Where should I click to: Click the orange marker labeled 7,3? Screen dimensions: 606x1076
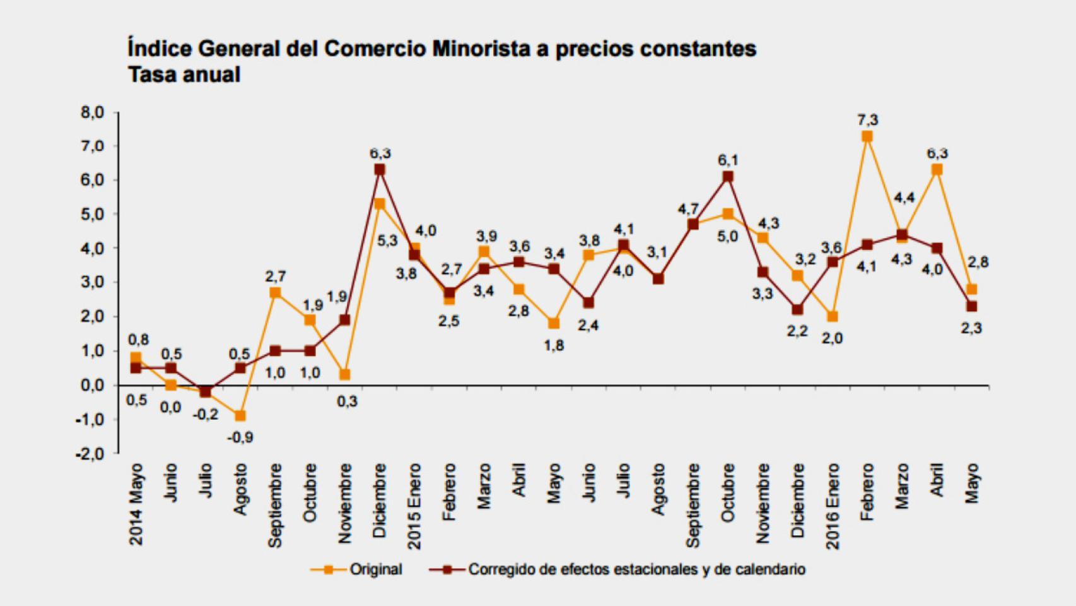click(867, 136)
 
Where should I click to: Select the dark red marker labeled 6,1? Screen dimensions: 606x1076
click(728, 177)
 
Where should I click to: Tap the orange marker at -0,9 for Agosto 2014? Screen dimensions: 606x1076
click(240, 416)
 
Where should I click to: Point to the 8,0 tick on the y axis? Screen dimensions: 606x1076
click(92, 113)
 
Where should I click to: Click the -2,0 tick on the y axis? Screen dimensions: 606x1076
click(90, 454)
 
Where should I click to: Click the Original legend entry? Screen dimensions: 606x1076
click(375, 569)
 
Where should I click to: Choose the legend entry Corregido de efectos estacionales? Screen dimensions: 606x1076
click(636, 569)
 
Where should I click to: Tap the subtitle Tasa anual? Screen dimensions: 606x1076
click(184, 75)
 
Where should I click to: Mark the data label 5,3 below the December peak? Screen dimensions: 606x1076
click(388, 241)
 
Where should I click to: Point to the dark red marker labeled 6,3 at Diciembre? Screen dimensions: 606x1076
click(380, 170)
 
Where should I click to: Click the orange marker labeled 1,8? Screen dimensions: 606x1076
click(554, 324)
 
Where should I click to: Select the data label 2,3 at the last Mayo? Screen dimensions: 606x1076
click(971, 328)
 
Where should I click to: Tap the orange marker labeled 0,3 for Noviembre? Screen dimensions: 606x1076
click(345, 375)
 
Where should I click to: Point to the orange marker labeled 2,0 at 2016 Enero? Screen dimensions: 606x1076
click(833, 317)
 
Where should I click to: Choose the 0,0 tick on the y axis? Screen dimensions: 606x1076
click(92, 386)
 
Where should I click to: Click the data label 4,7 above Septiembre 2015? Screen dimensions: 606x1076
click(687, 209)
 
